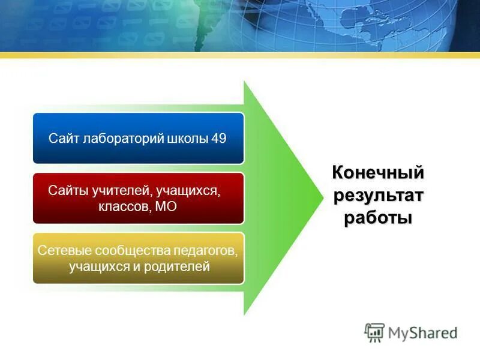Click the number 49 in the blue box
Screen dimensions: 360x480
(219, 138)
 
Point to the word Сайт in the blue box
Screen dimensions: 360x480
(61, 138)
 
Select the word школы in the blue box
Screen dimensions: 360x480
(186, 138)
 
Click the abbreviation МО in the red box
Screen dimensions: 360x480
(166, 207)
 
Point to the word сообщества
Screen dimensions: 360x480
(128, 250)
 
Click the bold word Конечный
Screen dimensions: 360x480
(378, 173)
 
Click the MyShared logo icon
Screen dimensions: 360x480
(374, 332)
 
